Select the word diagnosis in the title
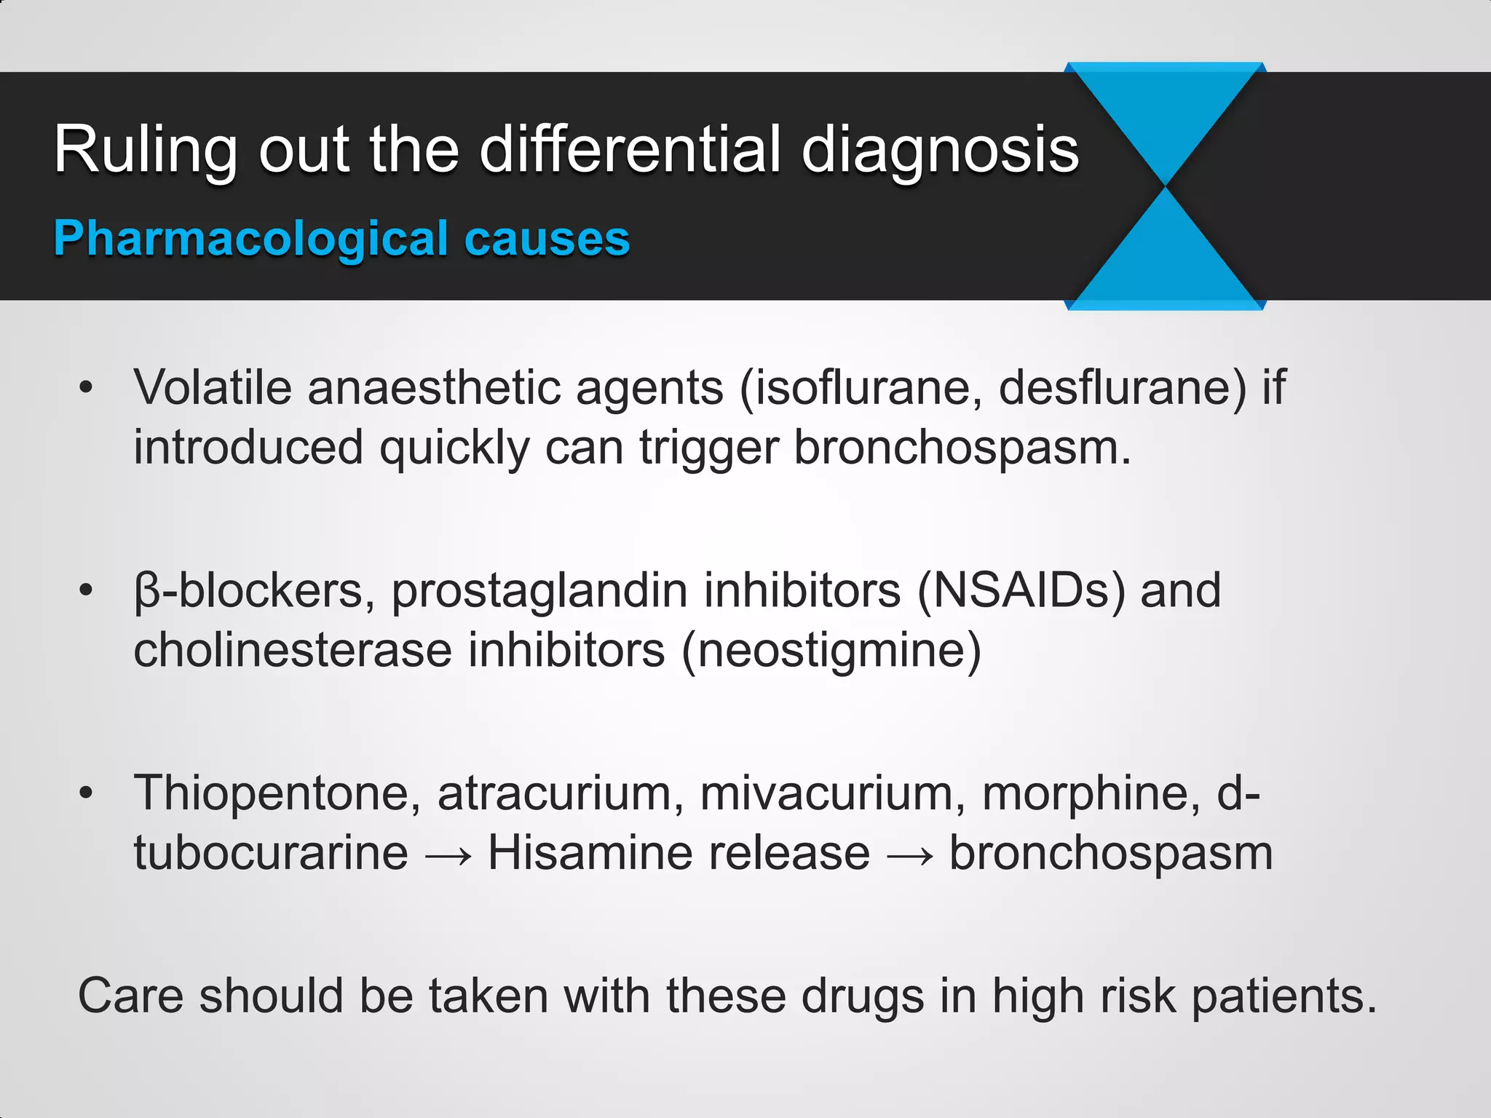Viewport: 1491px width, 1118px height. [940, 149]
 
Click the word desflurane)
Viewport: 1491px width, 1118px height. [1122, 386]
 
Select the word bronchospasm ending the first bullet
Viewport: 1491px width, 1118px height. [962, 447]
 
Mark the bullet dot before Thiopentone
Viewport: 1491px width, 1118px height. [87, 793]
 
